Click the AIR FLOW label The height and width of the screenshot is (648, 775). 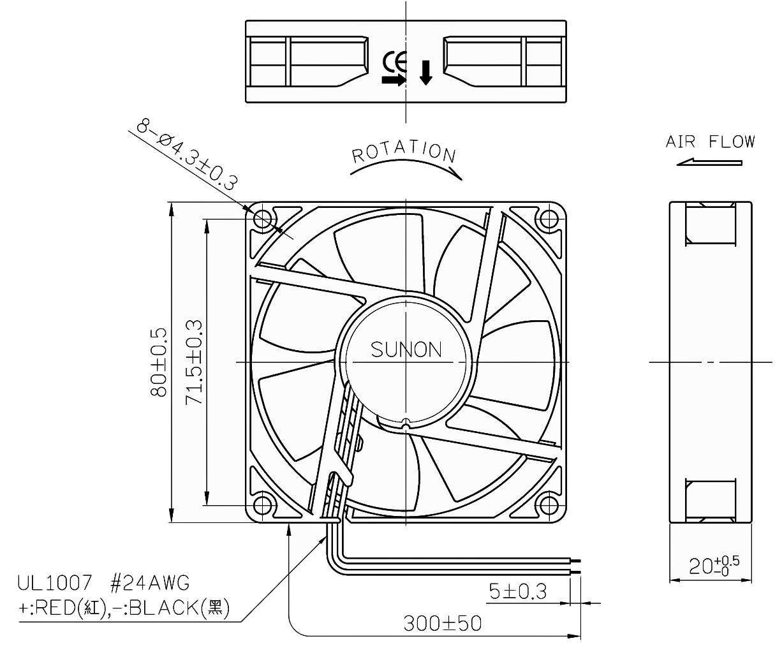710,142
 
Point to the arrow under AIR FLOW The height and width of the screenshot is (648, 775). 709,162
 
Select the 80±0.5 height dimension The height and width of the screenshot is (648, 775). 159,362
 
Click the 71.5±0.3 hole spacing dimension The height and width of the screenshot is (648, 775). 195,362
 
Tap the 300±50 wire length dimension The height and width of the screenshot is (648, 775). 442,622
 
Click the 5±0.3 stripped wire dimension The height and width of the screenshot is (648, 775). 517,592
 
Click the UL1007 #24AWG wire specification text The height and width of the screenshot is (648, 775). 103,582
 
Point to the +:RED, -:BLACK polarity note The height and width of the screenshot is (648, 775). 122,607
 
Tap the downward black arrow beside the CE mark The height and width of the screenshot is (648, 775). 425,73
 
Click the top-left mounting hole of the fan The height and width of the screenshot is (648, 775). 262,220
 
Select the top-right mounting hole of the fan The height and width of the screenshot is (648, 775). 548,220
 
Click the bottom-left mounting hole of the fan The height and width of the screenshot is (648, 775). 262,504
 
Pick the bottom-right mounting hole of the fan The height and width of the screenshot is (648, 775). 548,504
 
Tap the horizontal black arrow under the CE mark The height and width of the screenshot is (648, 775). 393,80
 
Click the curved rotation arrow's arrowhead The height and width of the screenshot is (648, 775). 456,172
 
